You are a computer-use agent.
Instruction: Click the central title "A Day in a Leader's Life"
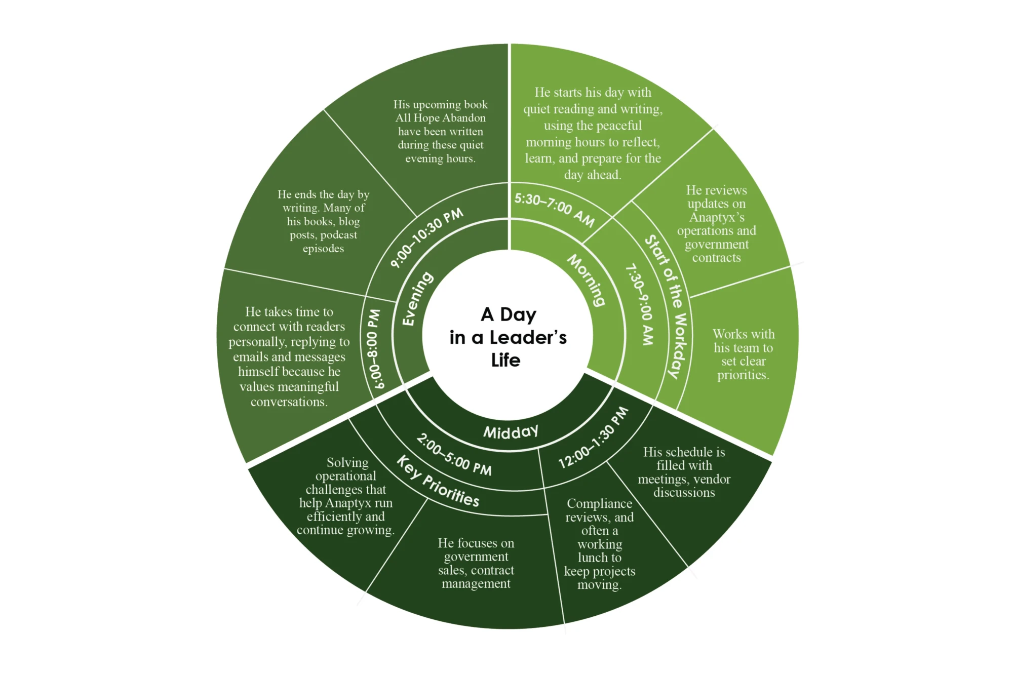(508, 337)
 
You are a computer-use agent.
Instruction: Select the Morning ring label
(586, 280)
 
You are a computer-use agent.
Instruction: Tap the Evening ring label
(418, 299)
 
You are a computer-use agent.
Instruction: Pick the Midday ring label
(511, 431)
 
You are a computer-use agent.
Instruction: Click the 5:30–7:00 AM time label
(555, 209)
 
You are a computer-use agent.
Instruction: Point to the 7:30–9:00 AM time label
(640, 304)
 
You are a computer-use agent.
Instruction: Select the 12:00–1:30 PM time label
(594, 438)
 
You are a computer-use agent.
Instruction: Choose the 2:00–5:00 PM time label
(454, 455)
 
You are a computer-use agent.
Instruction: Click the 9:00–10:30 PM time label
(426, 237)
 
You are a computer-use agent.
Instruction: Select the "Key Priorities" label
(438, 481)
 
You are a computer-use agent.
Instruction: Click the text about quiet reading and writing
(593, 134)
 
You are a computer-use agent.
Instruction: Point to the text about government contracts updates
(716, 224)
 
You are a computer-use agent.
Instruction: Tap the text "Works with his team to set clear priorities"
(743, 354)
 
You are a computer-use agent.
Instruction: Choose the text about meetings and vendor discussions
(684, 472)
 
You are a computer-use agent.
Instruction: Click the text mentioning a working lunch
(600, 544)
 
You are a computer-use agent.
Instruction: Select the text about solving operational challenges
(346, 496)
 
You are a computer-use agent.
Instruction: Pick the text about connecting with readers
(289, 356)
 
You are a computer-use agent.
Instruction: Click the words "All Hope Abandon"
(440, 118)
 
